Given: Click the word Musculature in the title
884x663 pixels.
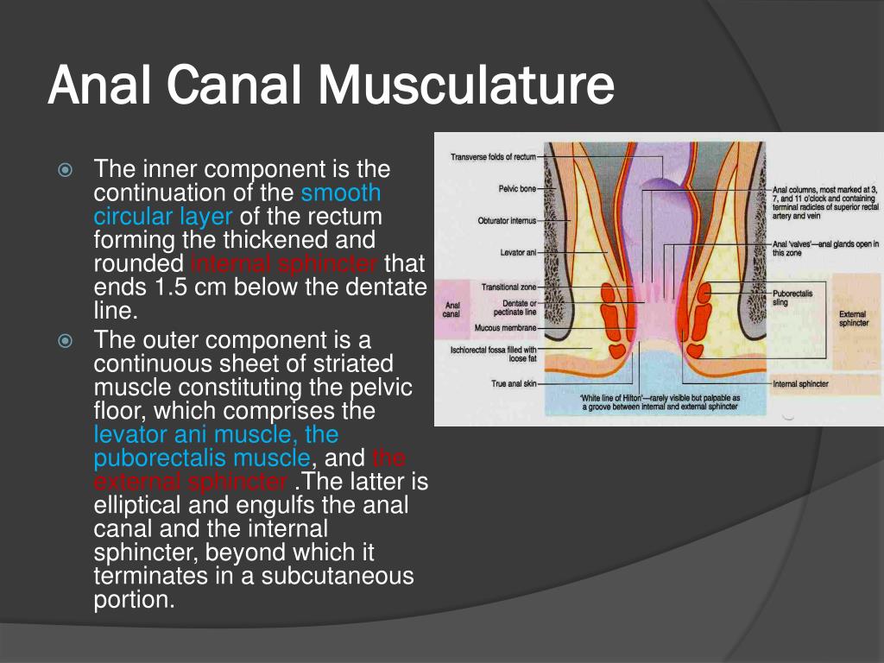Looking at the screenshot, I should coord(465,87).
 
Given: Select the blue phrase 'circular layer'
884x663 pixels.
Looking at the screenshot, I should coord(163,216).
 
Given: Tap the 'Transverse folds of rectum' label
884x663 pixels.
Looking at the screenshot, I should coord(493,157).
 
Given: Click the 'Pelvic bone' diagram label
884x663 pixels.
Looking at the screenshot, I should coord(517,188).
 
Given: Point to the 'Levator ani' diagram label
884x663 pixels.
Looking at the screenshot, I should coord(518,253).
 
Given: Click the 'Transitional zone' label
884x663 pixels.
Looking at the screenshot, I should coord(508,287).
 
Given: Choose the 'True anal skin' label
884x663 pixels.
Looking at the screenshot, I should coord(511,383).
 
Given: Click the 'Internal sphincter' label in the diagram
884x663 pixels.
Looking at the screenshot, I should coord(800,383).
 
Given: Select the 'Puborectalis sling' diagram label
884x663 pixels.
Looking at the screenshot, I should coord(792,298).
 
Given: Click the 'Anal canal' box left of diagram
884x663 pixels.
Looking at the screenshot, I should coord(451,309).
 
